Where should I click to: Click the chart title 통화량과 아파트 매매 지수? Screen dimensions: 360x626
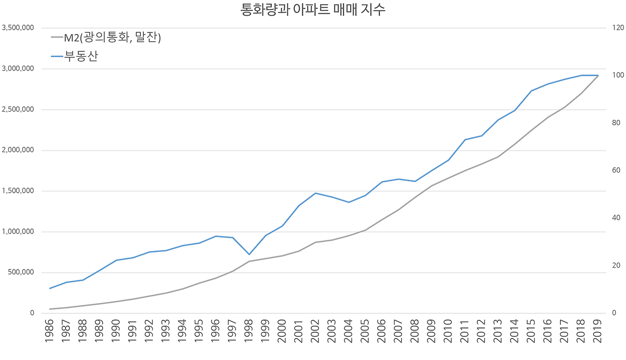pos(313,10)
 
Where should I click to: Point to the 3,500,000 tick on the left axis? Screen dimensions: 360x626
pos(18,28)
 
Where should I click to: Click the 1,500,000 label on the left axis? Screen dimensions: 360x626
pos(18,191)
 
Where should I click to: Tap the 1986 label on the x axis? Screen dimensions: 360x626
pos(50,333)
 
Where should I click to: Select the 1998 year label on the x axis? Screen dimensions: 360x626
pos(249,333)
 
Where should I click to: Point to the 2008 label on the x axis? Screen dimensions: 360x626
pos(415,333)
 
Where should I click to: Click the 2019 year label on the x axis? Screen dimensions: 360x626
pos(597,333)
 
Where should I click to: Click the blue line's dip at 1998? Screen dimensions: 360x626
pos(249,254)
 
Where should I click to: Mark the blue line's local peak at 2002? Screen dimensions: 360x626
pos(315,193)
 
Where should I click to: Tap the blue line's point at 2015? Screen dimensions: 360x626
pos(531,91)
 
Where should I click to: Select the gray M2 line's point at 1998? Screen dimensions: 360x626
pos(249,261)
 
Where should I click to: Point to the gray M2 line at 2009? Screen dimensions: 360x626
pos(431,186)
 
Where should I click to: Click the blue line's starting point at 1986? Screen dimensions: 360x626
pos(50,289)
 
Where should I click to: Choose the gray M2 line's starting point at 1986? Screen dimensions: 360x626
pos(50,309)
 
